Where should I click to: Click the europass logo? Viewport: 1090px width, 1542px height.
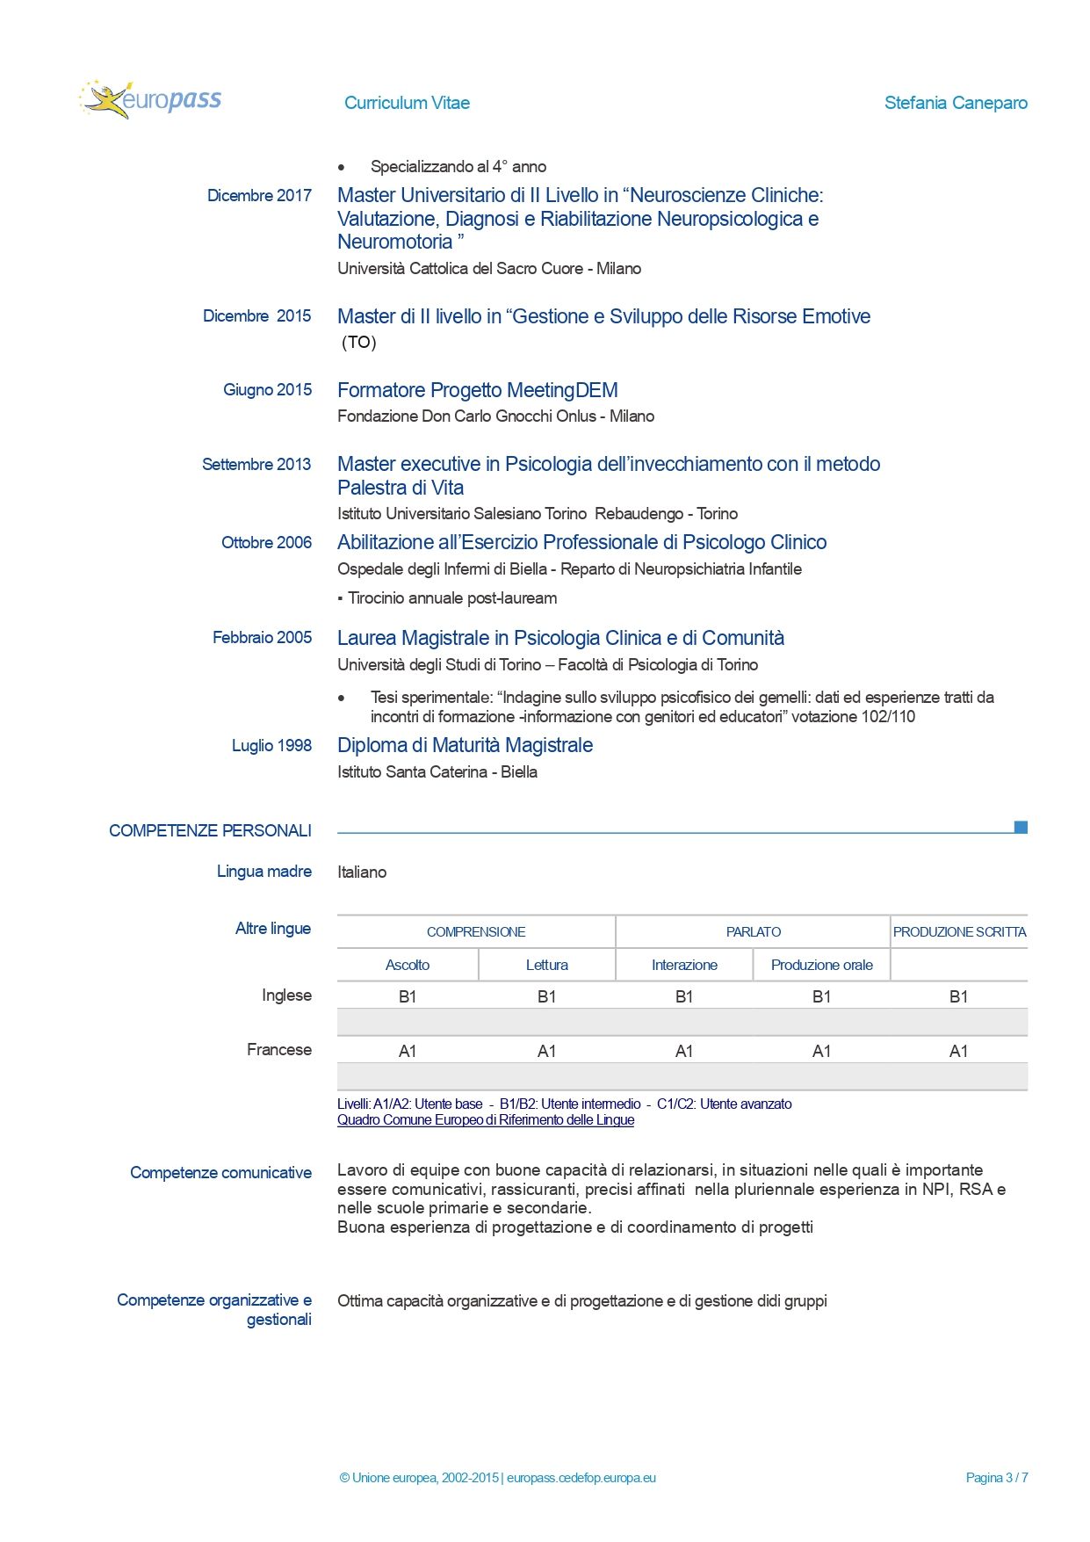pos(151,100)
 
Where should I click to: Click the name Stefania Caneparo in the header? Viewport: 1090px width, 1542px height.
pos(956,103)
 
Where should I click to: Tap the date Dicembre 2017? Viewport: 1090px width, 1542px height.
pos(259,196)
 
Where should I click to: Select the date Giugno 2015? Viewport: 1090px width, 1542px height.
pos(267,390)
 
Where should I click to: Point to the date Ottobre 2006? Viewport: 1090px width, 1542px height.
pos(266,543)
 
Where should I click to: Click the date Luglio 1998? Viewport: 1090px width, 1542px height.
pos(271,746)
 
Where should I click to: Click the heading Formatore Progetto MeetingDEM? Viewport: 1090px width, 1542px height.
pos(478,390)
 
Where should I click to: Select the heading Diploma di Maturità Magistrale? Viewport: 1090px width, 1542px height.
pos(465,746)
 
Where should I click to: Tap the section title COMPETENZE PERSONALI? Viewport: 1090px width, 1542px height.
pos(210,831)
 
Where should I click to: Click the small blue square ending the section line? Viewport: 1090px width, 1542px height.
pos(1021,828)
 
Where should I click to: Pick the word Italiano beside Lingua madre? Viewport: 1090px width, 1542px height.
pos(362,872)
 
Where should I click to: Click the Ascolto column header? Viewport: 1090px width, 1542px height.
pos(408,965)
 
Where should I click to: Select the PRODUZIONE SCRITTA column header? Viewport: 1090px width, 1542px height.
pos(959,932)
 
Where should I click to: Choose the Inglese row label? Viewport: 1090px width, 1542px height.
pos(286,995)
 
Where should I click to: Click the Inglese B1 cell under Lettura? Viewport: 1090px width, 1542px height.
pos(546,996)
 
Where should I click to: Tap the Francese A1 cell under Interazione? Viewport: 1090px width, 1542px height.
pos(684,1051)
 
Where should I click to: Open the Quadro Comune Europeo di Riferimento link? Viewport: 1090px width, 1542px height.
pos(486,1120)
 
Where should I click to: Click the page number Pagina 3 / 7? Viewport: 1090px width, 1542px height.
pos(996,1478)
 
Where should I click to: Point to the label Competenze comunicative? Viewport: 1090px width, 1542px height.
pos(220,1173)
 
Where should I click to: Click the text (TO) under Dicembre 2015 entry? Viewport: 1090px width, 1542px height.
pos(358,343)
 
